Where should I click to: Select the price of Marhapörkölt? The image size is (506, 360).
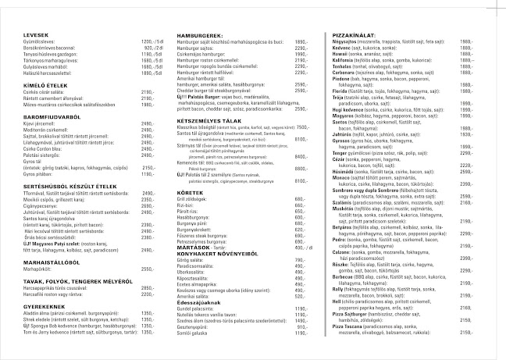click(148, 269)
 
